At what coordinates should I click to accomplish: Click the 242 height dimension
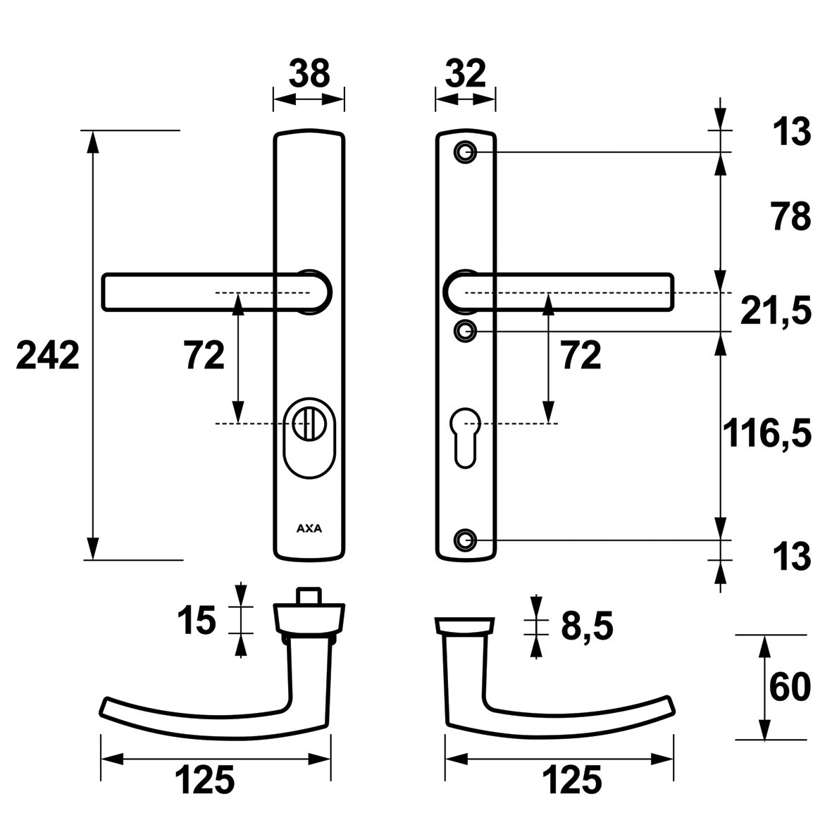(x=48, y=355)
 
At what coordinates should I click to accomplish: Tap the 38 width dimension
(x=309, y=73)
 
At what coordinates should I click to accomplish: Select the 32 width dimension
(x=466, y=73)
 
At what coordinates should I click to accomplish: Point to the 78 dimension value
(x=791, y=216)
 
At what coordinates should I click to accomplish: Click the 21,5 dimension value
(x=776, y=311)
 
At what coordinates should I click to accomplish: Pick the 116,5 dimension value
(x=767, y=433)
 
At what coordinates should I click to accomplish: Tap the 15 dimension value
(x=197, y=620)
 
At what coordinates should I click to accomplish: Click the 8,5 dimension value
(x=587, y=626)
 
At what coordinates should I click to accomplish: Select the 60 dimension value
(x=790, y=687)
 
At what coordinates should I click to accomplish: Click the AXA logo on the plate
(x=309, y=528)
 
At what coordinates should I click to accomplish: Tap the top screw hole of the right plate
(x=466, y=152)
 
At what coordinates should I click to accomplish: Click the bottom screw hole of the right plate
(x=466, y=540)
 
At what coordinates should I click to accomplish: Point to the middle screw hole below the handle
(x=466, y=331)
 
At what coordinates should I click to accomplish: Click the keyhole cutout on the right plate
(x=466, y=437)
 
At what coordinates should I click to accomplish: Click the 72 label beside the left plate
(x=204, y=355)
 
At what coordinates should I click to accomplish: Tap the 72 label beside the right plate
(x=581, y=355)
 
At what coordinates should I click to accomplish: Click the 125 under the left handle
(x=205, y=779)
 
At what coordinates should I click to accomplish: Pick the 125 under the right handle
(x=572, y=779)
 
